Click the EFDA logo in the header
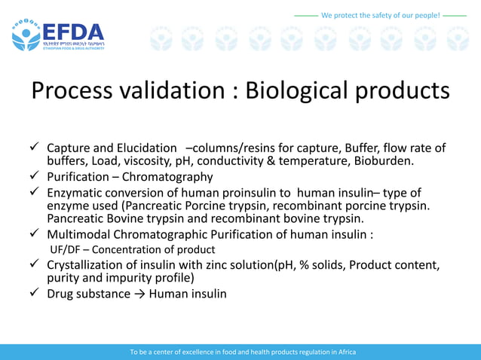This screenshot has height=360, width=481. pos(57,34)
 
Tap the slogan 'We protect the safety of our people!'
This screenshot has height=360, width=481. pos(380,15)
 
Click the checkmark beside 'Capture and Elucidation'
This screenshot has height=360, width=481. pos(35,148)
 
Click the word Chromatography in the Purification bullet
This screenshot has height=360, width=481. pos(167,177)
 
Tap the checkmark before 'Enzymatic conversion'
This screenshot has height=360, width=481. pos(35,193)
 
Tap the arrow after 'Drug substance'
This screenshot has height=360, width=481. pos(139,294)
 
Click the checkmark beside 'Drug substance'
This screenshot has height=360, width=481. pos(35,293)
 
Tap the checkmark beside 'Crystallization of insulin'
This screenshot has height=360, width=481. pos(35,264)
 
